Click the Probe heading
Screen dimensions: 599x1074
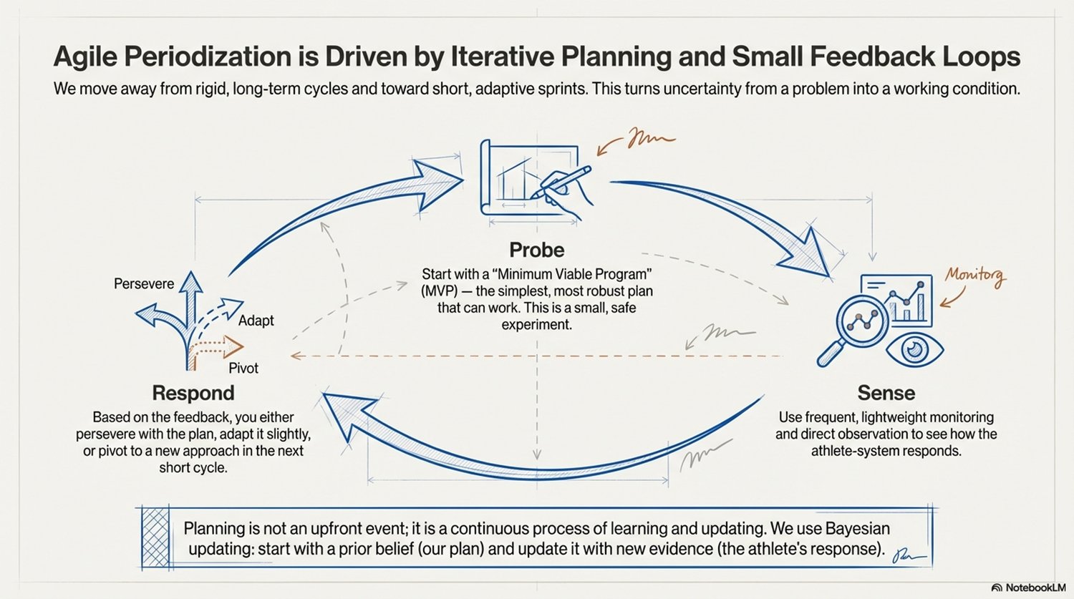pos(536,250)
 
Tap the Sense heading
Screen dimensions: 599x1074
pos(886,393)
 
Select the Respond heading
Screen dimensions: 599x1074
pos(193,393)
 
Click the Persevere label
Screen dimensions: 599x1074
pos(144,283)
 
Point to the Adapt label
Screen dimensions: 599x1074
pos(256,320)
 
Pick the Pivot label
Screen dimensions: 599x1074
pos(243,368)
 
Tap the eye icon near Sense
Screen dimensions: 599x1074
pos(914,349)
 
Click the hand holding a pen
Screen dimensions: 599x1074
pos(566,188)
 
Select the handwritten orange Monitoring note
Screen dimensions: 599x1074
pos(974,276)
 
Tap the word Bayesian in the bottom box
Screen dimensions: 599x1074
pos(857,529)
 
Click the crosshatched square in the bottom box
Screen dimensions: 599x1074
pos(157,537)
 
